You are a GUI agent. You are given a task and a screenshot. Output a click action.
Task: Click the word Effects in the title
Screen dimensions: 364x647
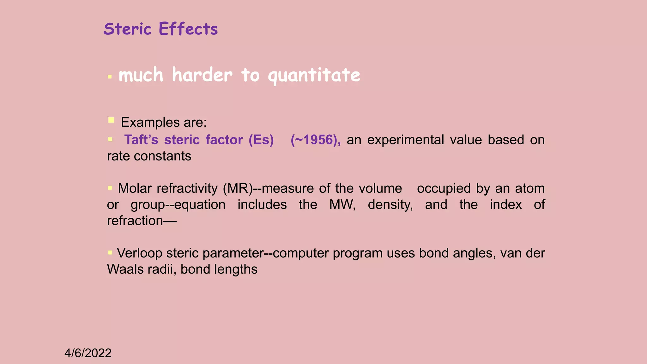pyautogui.click(x=188, y=29)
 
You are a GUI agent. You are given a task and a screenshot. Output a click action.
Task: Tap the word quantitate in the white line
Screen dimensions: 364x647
pyautogui.click(x=314, y=75)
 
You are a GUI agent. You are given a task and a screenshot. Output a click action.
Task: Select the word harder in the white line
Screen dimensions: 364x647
pyautogui.click(x=202, y=75)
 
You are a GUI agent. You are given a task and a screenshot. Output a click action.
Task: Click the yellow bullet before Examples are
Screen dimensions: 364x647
pyautogui.click(x=111, y=120)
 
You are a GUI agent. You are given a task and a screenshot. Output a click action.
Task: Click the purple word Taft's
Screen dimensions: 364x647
pyautogui.click(x=141, y=140)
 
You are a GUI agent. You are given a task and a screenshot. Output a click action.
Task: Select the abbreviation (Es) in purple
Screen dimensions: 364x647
pyautogui.click(x=261, y=140)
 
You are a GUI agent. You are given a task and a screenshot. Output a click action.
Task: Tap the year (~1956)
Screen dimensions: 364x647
pyautogui.click(x=316, y=140)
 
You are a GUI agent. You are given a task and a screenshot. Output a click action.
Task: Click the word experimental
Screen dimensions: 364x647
pyautogui.click(x=406, y=140)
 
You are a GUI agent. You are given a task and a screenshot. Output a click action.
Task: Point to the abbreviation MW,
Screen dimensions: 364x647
pyautogui.click(x=342, y=204)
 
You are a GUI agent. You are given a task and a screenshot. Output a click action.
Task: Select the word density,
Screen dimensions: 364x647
pyautogui.click(x=390, y=204)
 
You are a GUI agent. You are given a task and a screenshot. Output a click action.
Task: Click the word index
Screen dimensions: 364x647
pyautogui.click(x=506, y=204)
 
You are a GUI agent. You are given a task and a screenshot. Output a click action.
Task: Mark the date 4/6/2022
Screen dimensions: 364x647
pyautogui.click(x=88, y=353)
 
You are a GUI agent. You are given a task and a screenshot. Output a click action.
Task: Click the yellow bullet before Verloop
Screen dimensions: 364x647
pyautogui.click(x=110, y=252)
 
